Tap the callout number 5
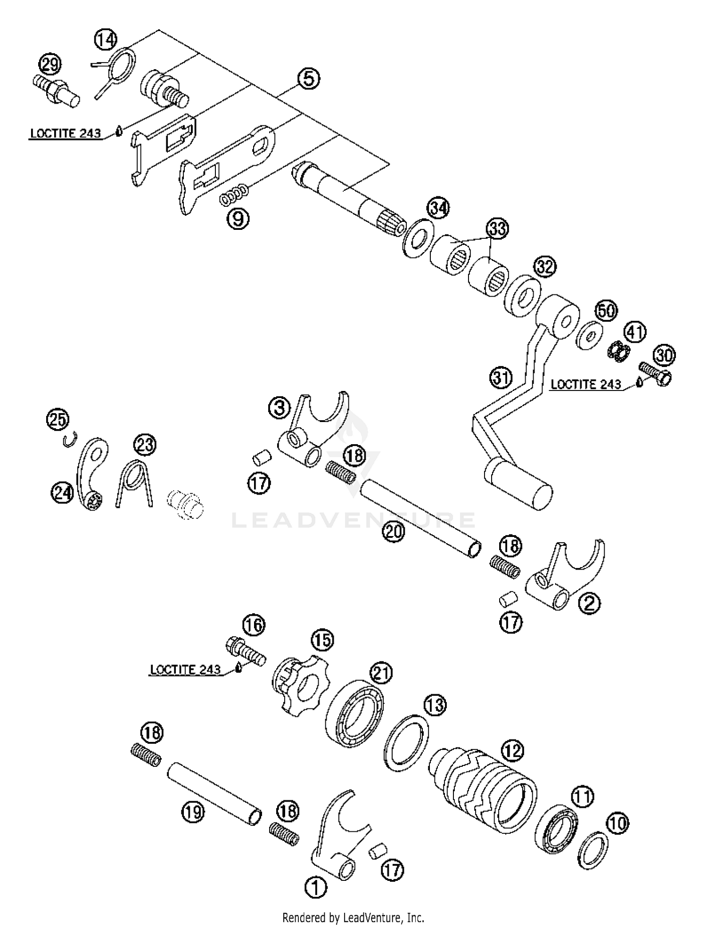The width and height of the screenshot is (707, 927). point(309,79)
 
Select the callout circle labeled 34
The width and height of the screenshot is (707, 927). point(438,207)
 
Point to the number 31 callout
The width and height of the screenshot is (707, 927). point(500,377)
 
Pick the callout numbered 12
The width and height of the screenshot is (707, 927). point(512,749)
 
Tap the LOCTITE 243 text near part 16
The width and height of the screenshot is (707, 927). point(185,669)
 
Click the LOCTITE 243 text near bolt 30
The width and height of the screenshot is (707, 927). point(586,384)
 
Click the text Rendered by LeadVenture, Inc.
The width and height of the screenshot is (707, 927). point(353,917)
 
